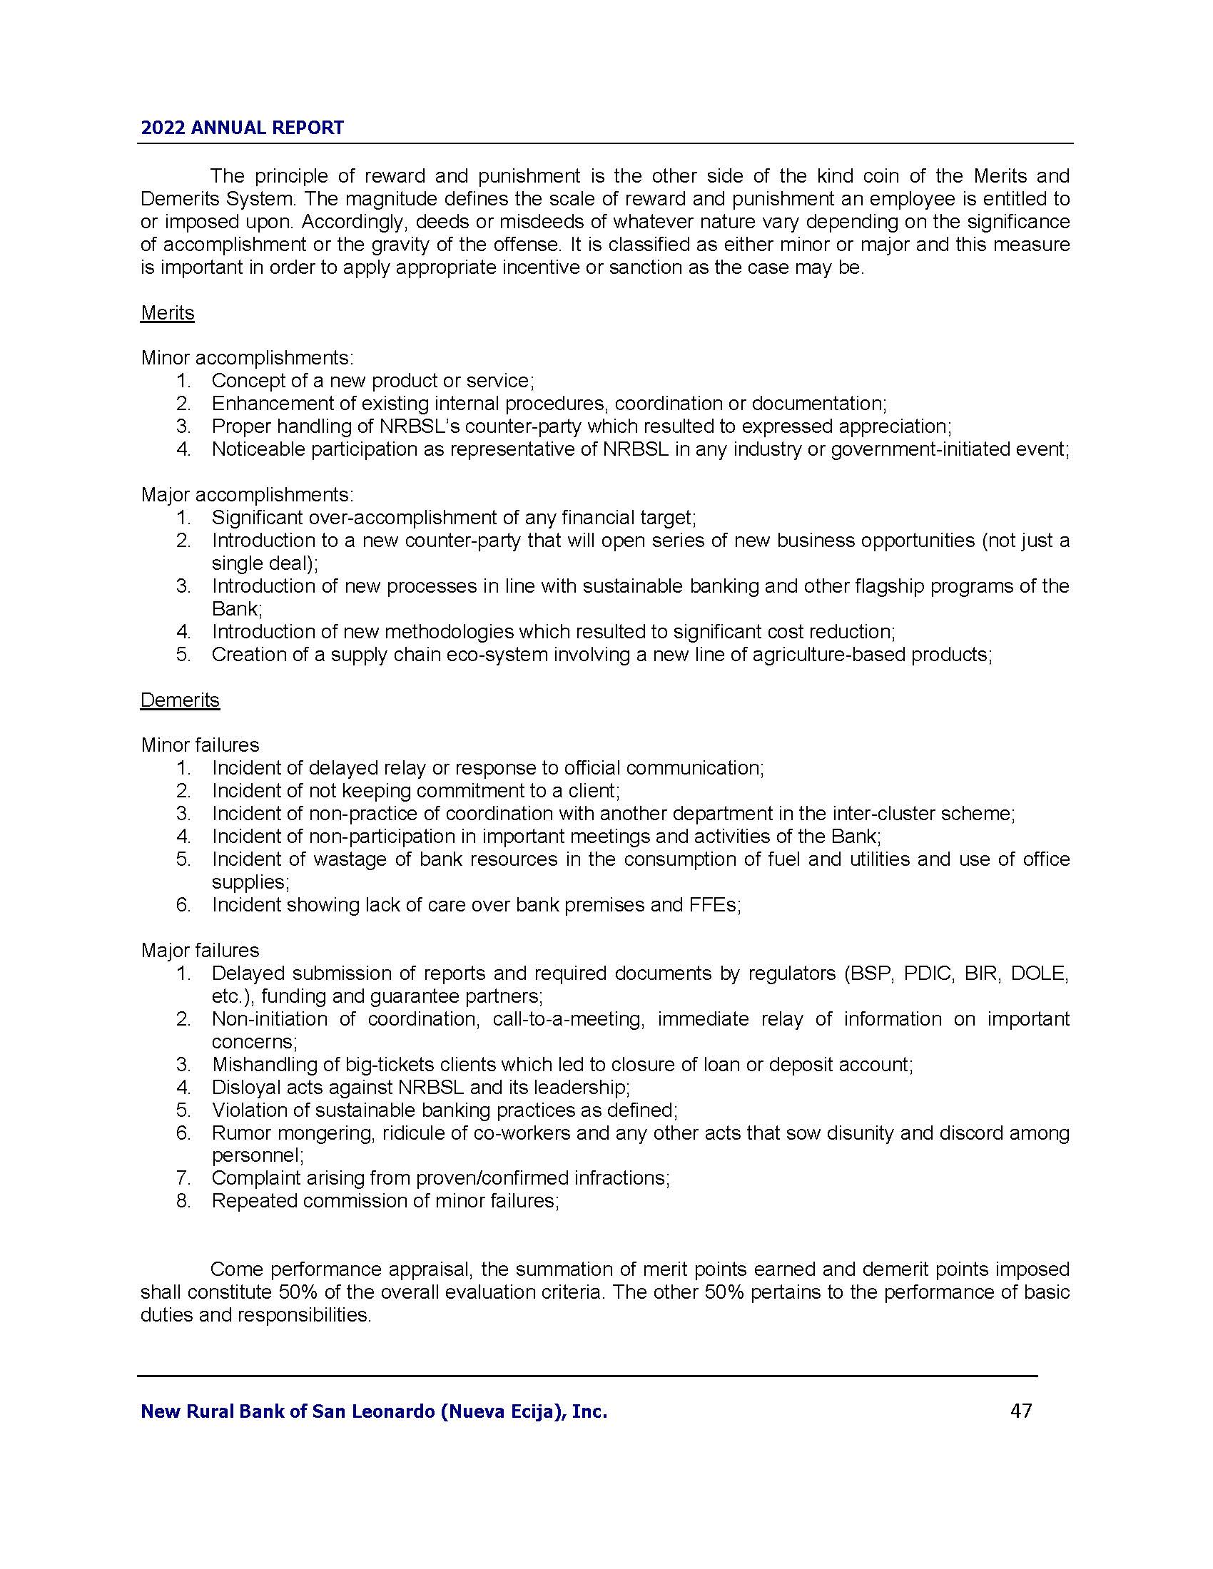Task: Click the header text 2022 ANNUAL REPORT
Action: coord(242,128)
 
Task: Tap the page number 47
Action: coord(1020,1411)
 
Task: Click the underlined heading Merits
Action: coord(168,313)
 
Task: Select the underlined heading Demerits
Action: coord(180,700)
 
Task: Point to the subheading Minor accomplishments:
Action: coord(247,358)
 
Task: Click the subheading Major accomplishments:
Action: coord(247,494)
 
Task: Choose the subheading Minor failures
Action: coord(200,745)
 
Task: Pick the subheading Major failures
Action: coord(200,951)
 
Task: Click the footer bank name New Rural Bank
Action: coord(374,1411)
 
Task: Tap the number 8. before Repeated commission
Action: coord(183,1201)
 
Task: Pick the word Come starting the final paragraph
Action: coord(236,1269)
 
